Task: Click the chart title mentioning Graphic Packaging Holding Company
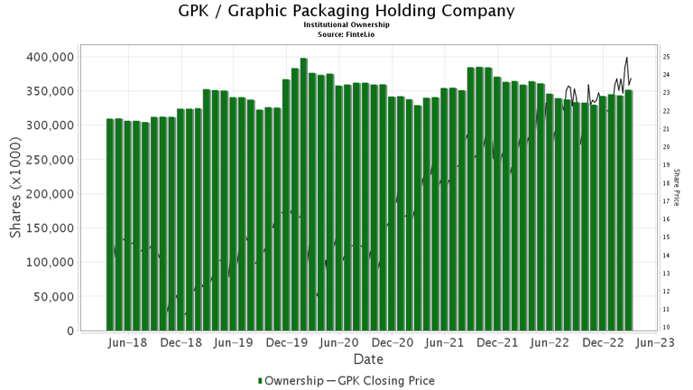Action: click(346, 12)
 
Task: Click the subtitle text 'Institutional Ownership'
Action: click(346, 25)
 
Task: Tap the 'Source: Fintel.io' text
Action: click(346, 33)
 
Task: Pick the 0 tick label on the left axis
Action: click(69, 331)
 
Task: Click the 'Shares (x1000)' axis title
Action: click(15, 194)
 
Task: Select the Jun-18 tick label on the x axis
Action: click(126, 344)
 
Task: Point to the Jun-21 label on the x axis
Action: click(446, 344)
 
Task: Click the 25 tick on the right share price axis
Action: click(665, 57)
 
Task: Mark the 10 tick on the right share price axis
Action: click(665, 327)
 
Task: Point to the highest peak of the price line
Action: click(627, 58)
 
